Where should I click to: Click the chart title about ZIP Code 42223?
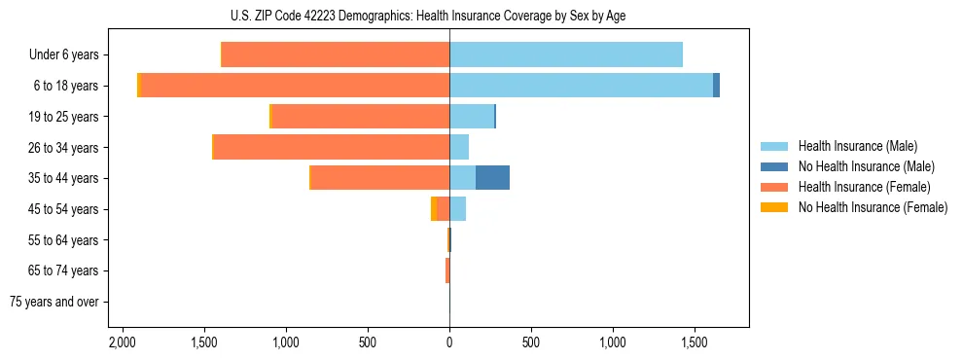click(x=428, y=16)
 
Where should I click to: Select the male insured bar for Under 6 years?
click(x=566, y=54)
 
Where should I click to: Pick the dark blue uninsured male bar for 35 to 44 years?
click(x=492, y=178)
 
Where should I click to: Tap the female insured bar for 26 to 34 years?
click(x=331, y=147)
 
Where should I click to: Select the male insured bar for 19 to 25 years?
click(x=472, y=117)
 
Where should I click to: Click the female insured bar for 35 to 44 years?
click(x=379, y=178)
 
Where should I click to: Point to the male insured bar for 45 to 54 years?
click(x=458, y=209)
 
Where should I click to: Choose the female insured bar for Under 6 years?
click(x=336, y=54)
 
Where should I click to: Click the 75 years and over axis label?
click(x=53, y=302)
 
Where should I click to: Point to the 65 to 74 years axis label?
click(x=64, y=270)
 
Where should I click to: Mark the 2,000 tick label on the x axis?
click(x=122, y=343)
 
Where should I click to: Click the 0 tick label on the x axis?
click(x=449, y=343)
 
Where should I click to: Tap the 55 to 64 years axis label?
click(x=64, y=240)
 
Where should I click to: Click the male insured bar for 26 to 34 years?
click(x=459, y=147)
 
